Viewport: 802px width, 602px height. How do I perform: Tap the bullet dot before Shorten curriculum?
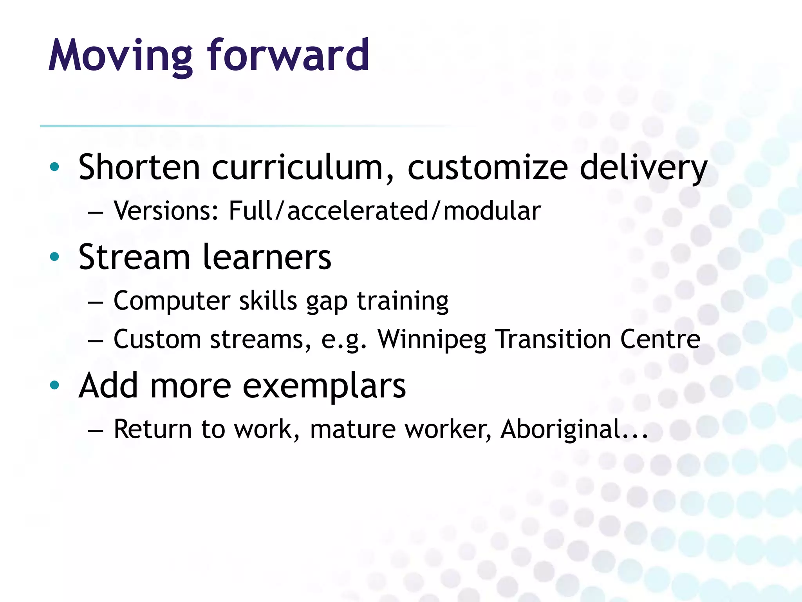coord(54,167)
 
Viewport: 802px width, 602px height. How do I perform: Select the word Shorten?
coord(139,167)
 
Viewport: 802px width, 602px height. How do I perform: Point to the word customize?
coord(488,167)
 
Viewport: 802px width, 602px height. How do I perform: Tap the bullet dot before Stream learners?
coord(54,257)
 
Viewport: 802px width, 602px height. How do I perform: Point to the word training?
coord(403,301)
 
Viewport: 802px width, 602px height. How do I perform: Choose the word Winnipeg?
coord(432,339)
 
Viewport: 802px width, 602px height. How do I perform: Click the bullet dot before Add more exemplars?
coord(54,385)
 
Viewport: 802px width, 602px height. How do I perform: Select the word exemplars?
coord(324,386)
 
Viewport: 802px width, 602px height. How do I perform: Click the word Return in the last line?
coord(152,429)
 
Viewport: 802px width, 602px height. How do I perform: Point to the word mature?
coord(352,429)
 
